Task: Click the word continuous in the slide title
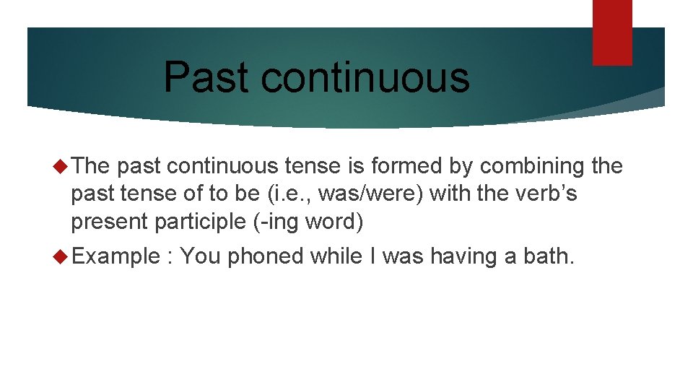365,77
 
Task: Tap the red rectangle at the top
612,32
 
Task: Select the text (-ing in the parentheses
278,222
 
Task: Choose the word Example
114,256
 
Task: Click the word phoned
265,256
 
